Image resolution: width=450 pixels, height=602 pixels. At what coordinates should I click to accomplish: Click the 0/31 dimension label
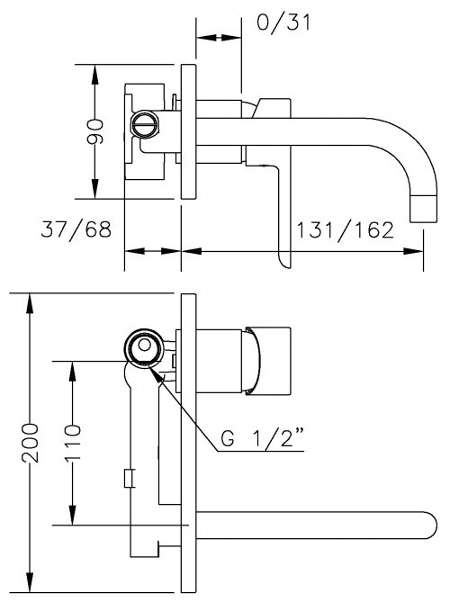pos(283,22)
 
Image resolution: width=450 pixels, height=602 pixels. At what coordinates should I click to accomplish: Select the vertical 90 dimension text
pos(95,131)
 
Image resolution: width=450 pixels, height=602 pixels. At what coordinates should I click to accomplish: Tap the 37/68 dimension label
pos(76,229)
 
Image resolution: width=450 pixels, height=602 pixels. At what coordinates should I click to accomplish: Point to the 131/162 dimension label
pos(346,230)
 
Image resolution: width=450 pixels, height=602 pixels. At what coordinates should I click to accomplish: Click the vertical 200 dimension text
pos(30,443)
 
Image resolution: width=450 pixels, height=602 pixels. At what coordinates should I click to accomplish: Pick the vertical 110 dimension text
pos(73,443)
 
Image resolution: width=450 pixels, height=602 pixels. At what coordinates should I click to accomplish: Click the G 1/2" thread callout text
pos(262,438)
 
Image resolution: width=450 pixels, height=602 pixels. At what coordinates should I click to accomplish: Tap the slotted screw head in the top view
pos(145,123)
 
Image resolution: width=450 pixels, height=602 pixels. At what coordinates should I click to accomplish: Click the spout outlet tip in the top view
pos(424,209)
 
